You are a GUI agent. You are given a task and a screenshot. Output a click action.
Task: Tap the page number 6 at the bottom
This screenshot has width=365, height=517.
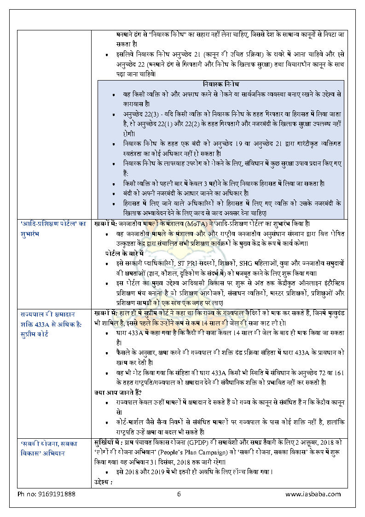click(x=179, y=494)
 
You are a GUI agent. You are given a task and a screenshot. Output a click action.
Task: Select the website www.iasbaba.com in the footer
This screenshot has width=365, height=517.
click(x=313, y=494)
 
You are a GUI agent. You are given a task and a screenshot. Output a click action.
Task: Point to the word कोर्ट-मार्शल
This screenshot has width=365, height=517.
click(x=133, y=422)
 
